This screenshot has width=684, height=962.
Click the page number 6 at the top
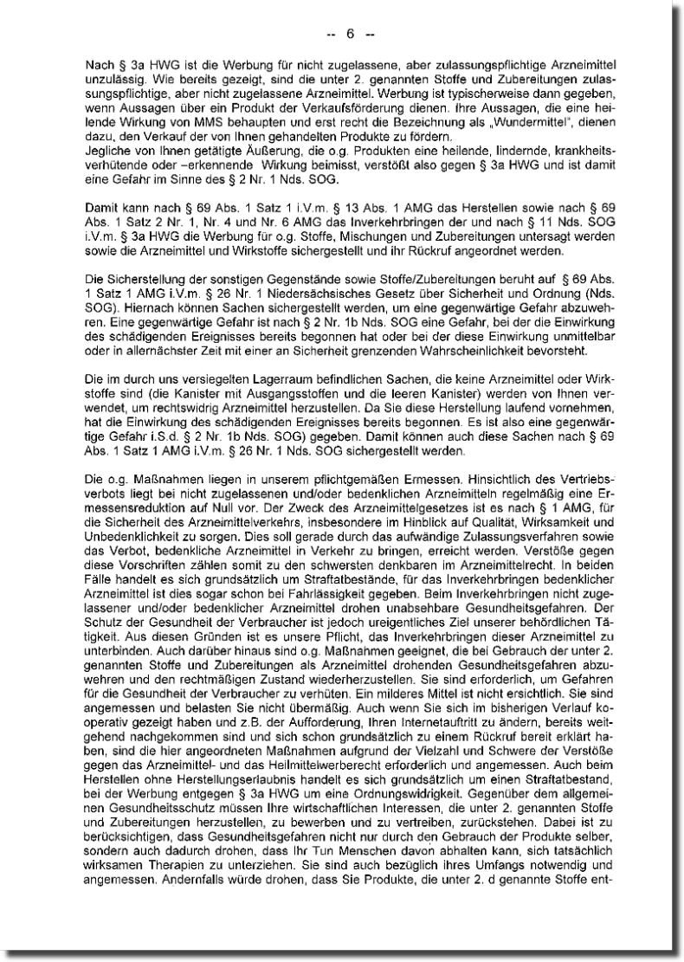coord(351,35)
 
